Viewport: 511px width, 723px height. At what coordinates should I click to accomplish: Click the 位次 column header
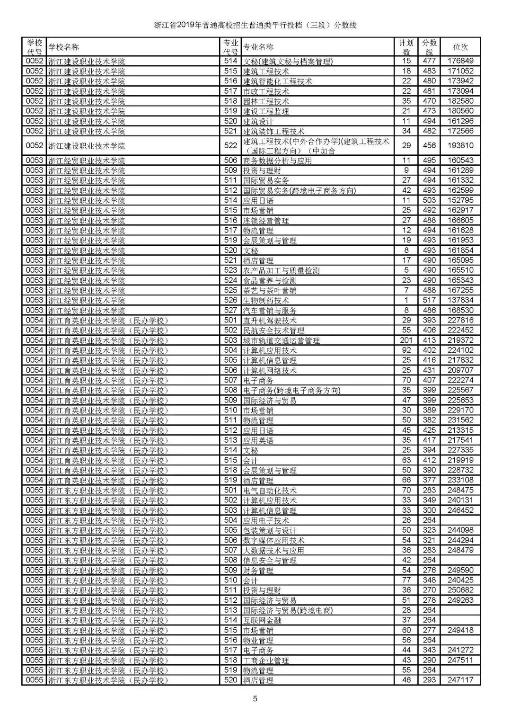pos(460,47)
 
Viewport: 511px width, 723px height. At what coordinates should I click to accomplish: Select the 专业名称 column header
pos(258,47)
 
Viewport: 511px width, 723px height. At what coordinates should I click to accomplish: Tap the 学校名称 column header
pos(64,47)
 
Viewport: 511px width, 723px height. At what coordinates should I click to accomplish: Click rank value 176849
pos(460,61)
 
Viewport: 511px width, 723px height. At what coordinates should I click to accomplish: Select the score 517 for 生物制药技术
pos(429,300)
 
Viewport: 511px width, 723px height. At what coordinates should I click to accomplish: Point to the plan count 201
pos(406,340)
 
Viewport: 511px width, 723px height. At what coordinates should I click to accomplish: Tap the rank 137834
pos(460,300)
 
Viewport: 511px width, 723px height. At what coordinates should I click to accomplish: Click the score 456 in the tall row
pos(429,145)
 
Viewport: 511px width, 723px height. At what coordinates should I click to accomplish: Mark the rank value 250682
pos(460,590)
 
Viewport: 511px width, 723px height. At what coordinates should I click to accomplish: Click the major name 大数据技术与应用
pos(273,550)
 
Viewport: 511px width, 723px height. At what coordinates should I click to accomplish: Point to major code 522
pos(231,145)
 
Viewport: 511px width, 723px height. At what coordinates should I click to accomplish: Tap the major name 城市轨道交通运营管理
pos(282,340)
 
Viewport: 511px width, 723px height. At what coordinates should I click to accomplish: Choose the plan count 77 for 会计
pos(406,580)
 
